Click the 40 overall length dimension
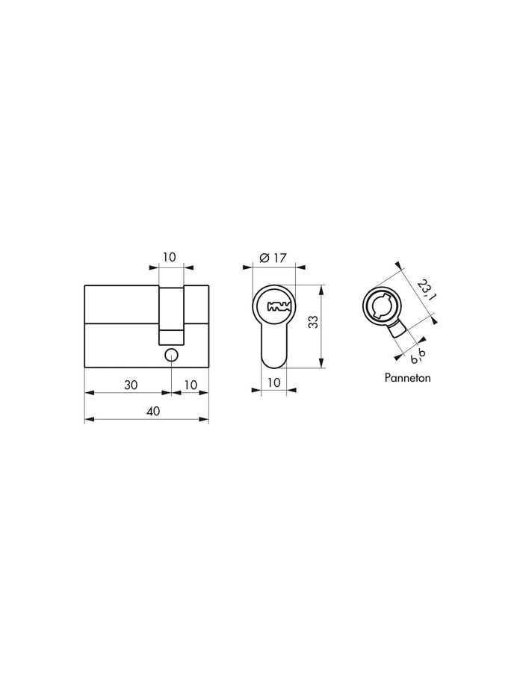152,411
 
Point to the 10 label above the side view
170,257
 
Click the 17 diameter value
279,258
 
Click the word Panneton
408,378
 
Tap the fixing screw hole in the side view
171,355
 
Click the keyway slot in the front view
277,306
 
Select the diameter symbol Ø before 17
264,258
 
